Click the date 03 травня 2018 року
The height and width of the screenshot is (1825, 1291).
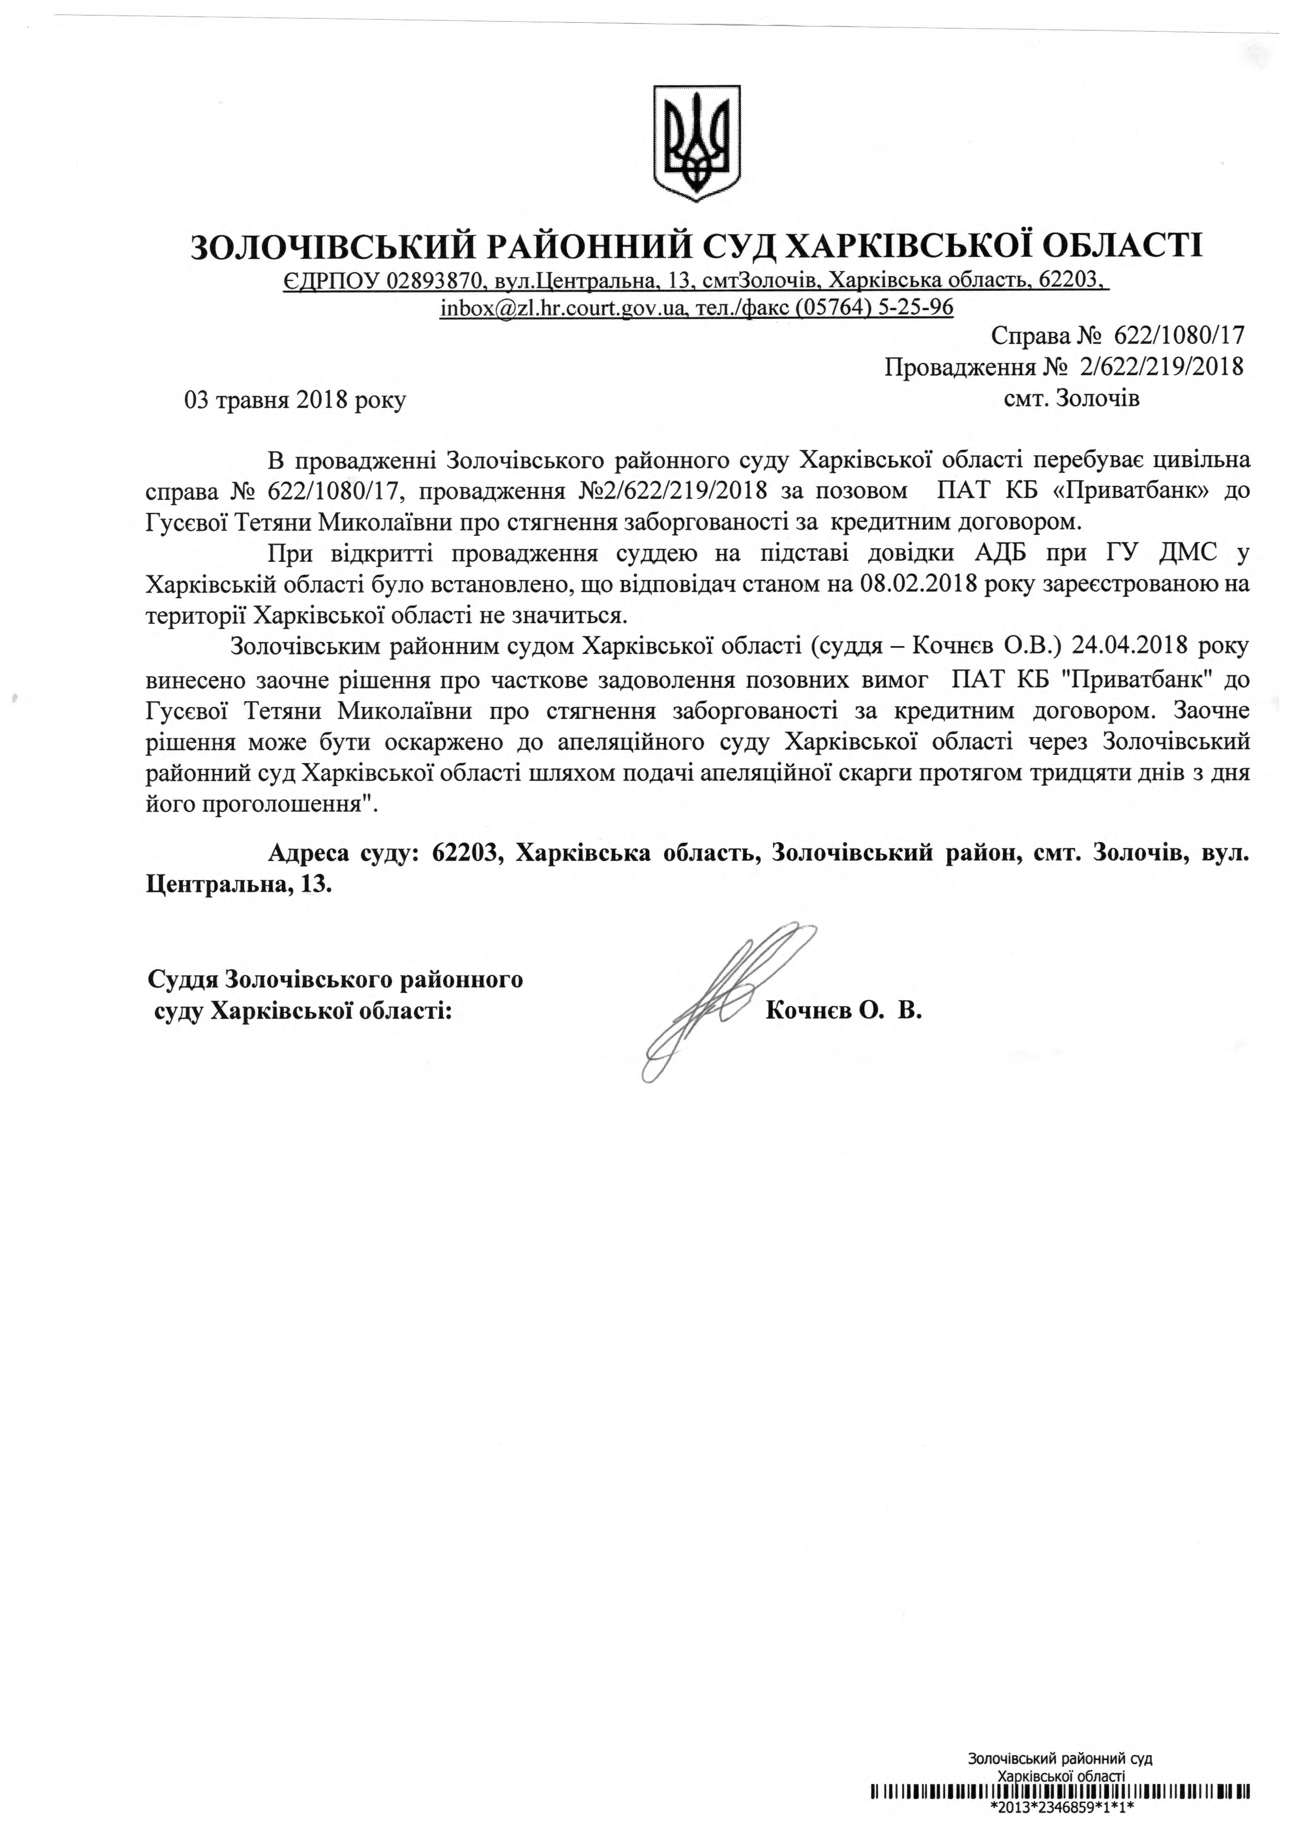coord(295,400)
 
